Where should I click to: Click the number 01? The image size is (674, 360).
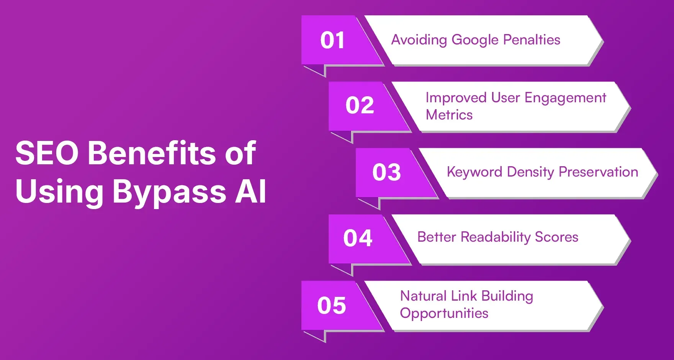(332, 40)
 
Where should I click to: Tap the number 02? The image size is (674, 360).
(360, 105)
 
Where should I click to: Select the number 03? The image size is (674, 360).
(386, 172)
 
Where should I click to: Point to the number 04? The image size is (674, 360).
(358, 238)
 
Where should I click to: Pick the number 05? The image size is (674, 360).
(331, 306)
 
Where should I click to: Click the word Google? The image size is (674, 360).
(475, 40)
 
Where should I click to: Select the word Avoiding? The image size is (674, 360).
(419, 40)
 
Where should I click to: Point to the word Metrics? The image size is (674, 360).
(449, 115)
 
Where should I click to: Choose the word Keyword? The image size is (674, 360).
(474, 172)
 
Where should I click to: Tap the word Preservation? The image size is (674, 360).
(598, 172)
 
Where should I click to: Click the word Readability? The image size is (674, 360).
(496, 237)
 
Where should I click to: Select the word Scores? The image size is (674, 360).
(556, 237)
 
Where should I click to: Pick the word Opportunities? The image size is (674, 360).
(444, 314)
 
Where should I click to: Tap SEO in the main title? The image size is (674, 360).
(47, 153)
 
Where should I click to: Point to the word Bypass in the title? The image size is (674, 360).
(169, 192)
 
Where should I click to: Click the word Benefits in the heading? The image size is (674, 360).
(152, 153)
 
